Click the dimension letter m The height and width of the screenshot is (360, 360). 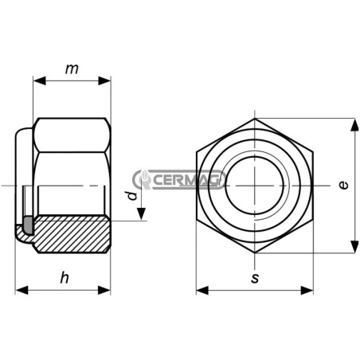72,69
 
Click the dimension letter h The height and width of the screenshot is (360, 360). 65,277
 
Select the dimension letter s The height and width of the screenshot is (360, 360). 255,278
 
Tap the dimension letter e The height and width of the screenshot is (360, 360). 343,185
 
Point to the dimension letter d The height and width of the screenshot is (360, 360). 132,195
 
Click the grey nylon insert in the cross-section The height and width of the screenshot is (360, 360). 28,225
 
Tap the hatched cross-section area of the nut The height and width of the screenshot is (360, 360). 72,233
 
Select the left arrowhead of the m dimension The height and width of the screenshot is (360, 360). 39,80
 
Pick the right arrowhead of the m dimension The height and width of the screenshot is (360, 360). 104,80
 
